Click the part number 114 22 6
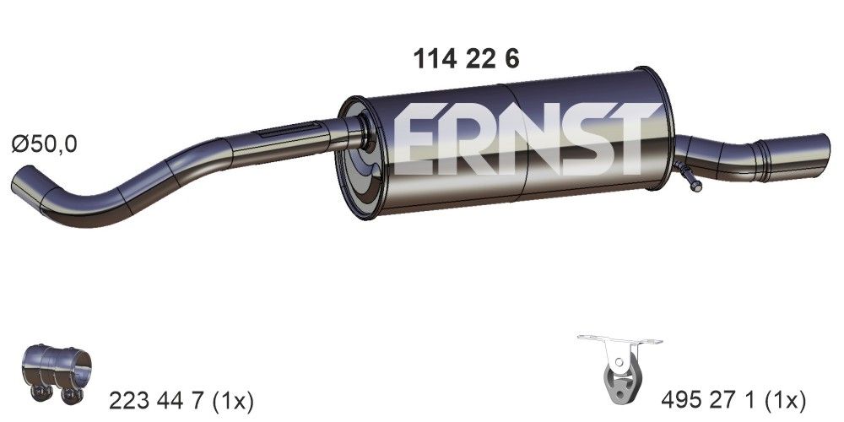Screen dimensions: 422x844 pos(465,58)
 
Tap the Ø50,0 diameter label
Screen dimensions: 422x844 pos(44,144)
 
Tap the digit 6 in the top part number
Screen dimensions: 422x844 pos(511,58)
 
